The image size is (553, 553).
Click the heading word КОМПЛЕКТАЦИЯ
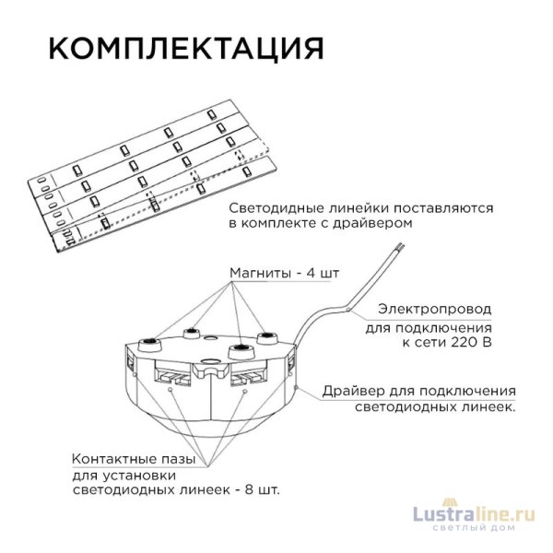[183, 47]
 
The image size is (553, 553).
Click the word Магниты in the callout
[256, 274]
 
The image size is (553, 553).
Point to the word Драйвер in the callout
[350, 391]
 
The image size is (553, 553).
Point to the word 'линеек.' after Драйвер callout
[488, 406]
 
